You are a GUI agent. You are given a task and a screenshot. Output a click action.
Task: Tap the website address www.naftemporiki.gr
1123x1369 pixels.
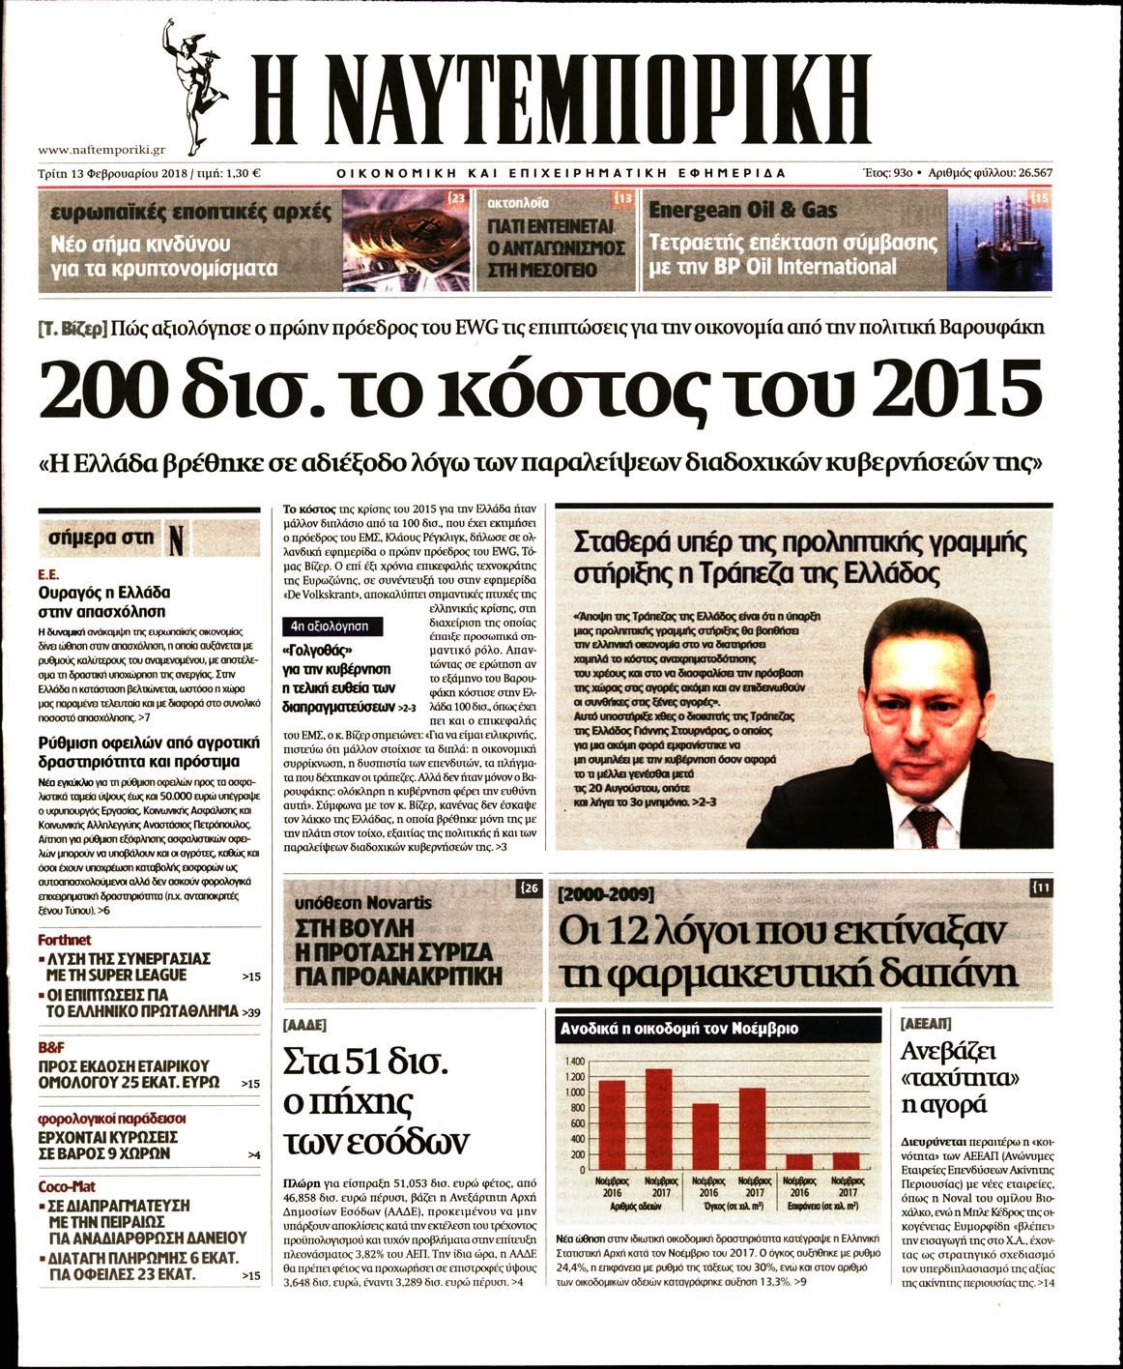[102, 150]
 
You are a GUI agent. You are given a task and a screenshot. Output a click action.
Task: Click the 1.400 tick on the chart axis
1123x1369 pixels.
[574, 1062]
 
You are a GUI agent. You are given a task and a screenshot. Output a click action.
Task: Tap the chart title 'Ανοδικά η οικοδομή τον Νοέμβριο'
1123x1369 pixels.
[679, 1029]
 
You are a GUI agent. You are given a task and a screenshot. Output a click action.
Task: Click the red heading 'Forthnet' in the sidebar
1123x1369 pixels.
[65, 940]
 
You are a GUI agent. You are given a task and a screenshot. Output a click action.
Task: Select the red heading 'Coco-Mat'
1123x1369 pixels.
[67, 1186]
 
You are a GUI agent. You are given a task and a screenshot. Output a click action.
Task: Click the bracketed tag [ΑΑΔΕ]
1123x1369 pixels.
[304, 1025]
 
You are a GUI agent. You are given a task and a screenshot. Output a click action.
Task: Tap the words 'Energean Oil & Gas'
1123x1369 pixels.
[743, 210]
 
